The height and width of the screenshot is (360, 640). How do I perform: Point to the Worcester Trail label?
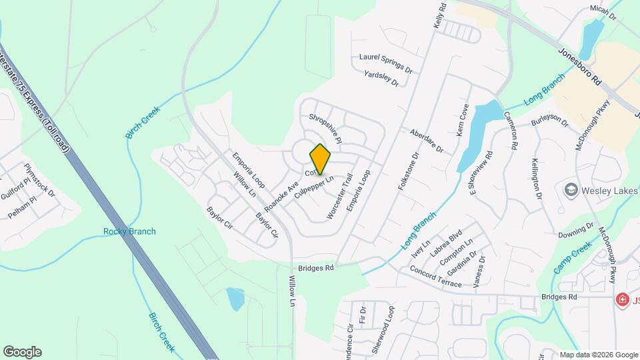pyautogui.click(x=339, y=197)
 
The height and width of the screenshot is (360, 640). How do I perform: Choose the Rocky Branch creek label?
pyautogui.click(x=129, y=231)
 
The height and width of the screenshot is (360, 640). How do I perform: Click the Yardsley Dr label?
pyautogui.click(x=381, y=79)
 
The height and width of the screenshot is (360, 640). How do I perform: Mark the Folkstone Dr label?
pyautogui.click(x=408, y=172)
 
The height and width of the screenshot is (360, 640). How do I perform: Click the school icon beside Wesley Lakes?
pyautogui.click(x=571, y=191)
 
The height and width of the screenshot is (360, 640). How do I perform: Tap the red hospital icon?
pyautogui.click(x=623, y=300)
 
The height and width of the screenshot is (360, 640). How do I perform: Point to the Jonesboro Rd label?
pyautogui.click(x=580, y=64)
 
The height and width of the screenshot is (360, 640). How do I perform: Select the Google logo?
pyautogui.click(x=22, y=351)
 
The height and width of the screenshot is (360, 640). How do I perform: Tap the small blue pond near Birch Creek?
pyautogui.click(x=235, y=299)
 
